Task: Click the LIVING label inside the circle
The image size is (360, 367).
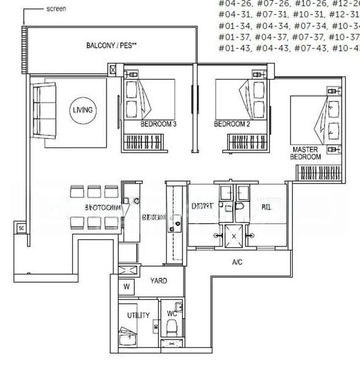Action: point(83,110)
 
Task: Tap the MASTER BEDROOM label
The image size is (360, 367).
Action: point(306,153)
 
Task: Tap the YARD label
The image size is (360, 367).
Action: point(159,282)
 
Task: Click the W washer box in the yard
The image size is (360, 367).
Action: point(127,286)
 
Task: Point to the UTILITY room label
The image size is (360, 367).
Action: point(138,315)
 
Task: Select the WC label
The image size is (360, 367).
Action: point(172,314)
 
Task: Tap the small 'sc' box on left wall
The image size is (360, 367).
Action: point(21,228)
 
